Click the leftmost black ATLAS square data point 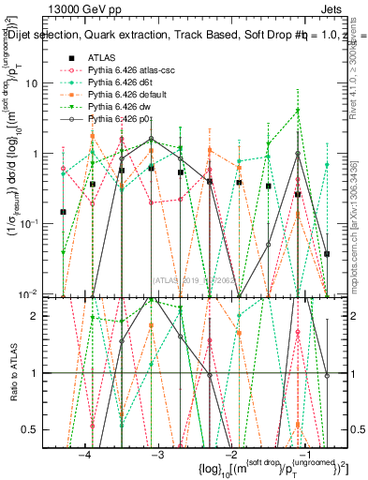coord(63,212)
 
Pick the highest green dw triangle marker coord(298,111)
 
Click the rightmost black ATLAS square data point coord(327,254)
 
